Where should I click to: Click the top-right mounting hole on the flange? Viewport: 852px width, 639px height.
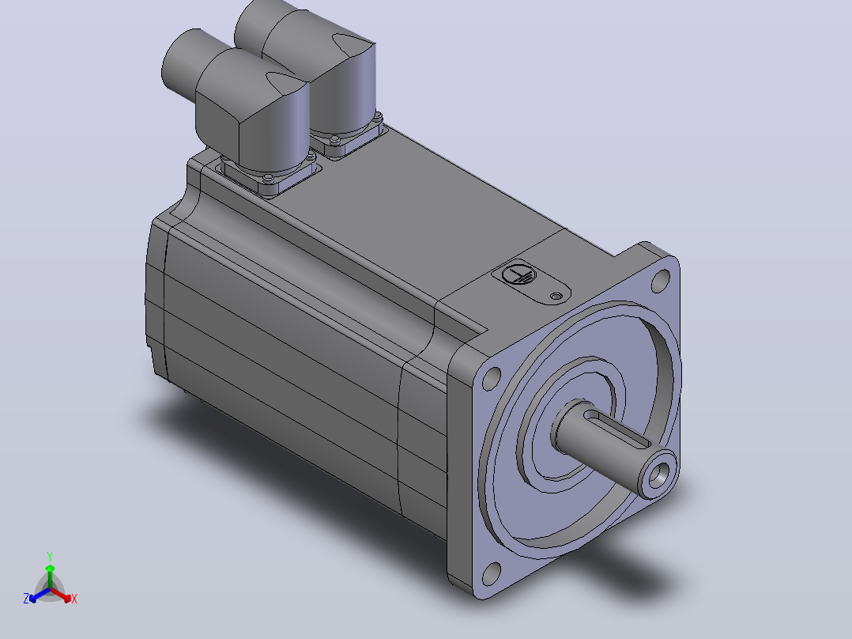661,281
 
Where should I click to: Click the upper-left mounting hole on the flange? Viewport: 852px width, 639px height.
492,378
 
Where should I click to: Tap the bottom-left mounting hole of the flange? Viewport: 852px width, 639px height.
492,573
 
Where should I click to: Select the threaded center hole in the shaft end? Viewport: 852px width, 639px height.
659,475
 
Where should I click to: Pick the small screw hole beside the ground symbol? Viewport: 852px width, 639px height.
556,297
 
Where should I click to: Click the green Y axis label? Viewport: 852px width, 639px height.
50,557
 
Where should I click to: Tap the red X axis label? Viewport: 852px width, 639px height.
74,599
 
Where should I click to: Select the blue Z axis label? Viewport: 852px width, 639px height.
25,599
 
